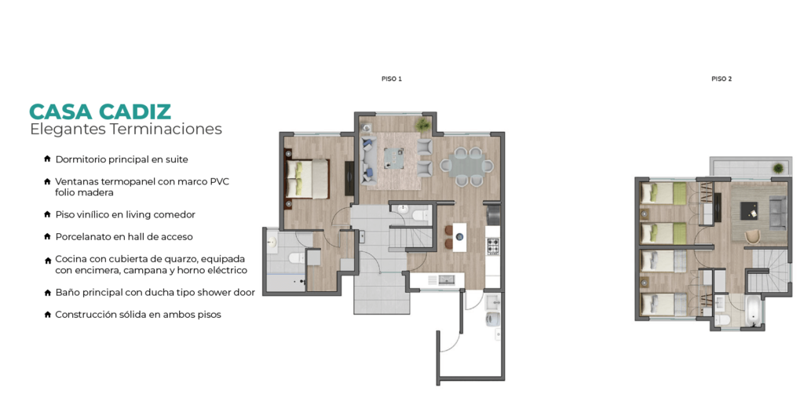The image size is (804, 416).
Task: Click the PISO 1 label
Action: (392, 79)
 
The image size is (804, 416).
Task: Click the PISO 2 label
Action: (722, 79)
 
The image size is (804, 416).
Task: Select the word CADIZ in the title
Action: (135, 111)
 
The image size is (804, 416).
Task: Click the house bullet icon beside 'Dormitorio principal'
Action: (47, 159)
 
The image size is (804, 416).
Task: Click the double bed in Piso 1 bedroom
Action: (307, 179)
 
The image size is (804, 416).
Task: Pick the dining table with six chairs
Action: (466, 166)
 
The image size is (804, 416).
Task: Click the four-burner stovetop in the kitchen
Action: (493, 246)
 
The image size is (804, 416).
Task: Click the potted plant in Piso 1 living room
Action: (423, 124)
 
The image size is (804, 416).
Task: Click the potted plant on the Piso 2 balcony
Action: (778, 168)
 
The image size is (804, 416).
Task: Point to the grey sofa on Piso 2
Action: (778, 213)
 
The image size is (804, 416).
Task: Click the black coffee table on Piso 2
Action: (749, 210)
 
